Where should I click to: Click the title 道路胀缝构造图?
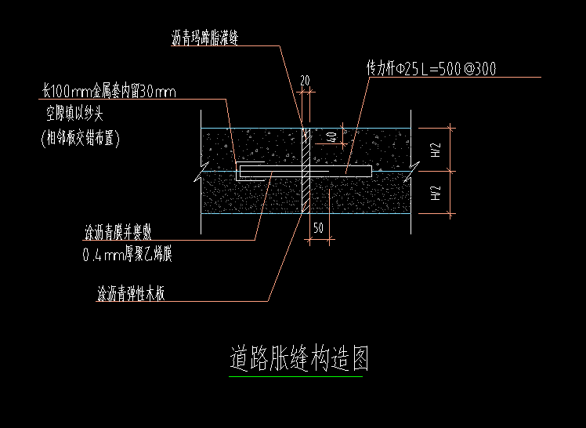pos(299,358)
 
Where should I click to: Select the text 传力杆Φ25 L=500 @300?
pos(432,69)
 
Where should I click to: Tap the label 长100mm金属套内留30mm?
pos(110,92)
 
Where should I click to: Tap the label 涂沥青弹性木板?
pos(131,294)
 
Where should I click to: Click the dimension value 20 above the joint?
pos(306,80)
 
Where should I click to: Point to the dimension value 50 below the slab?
pos(318,228)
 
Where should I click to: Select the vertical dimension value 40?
pos(331,137)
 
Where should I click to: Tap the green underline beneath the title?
pos(295,377)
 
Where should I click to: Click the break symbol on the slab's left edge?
pos(204,171)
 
